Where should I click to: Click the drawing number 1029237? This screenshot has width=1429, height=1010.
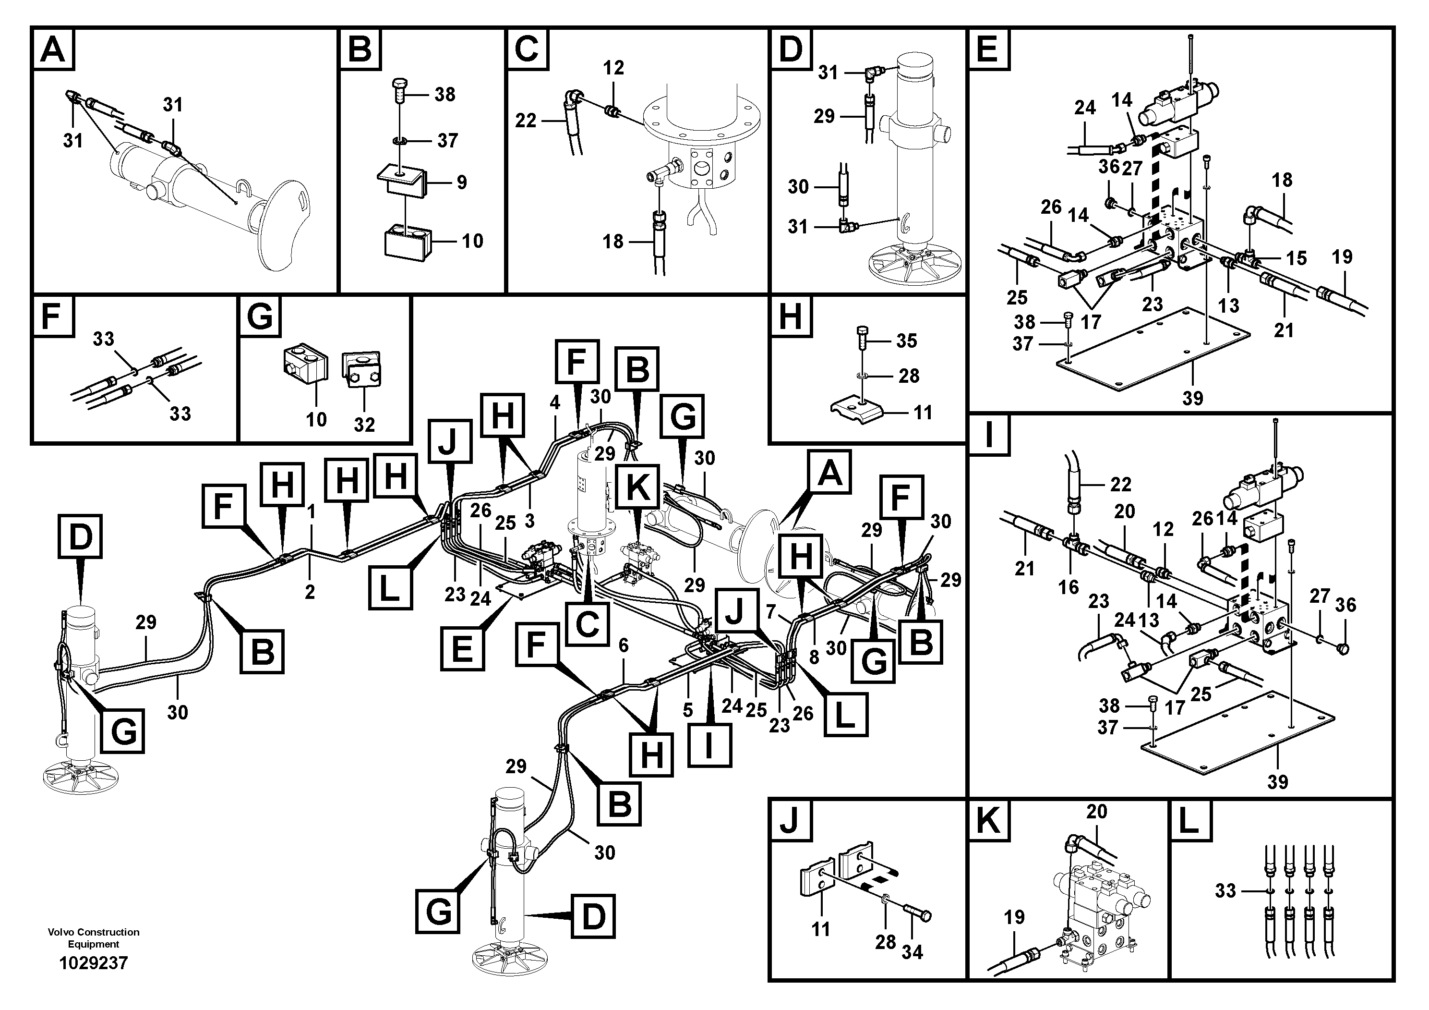coord(93,963)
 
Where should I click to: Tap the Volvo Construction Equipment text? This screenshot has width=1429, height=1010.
coord(93,938)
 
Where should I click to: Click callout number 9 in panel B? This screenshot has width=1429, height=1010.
coord(461,182)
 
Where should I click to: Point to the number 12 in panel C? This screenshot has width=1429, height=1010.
coord(613,67)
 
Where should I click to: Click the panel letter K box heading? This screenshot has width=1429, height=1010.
coord(988,821)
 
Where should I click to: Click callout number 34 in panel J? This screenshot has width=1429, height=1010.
coord(912,952)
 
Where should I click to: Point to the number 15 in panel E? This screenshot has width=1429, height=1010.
coord(1297,258)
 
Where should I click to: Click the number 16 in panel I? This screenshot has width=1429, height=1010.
coord(1069,587)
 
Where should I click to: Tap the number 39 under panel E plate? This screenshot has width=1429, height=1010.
coord(1192,397)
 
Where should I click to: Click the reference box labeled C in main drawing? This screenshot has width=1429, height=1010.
coord(587,624)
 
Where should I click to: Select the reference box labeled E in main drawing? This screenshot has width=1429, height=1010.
coord(462,649)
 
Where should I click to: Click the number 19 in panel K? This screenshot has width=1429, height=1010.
coord(1014,917)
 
